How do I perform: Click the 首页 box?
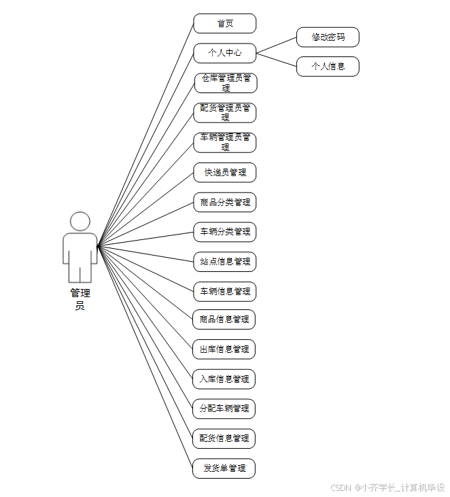pyautogui.click(x=224, y=23)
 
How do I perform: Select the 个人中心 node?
pyautogui.click(x=224, y=53)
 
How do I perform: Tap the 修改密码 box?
pyautogui.click(x=328, y=37)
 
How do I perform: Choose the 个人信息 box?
pyautogui.click(x=328, y=67)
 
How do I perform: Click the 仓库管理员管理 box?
pyautogui.click(x=225, y=83)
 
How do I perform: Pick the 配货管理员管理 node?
pyautogui.click(x=225, y=113)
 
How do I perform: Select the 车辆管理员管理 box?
pyautogui.click(x=225, y=142)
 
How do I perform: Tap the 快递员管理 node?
pyautogui.click(x=224, y=173)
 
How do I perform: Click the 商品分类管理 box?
pyautogui.click(x=224, y=203)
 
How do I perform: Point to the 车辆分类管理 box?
pyautogui.click(x=224, y=232)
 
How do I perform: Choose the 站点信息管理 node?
pyautogui.click(x=224, y=262)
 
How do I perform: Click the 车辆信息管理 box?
pyautogui.click(x=224, y=292)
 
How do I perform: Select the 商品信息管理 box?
pyautogui.click(x=224, y=319)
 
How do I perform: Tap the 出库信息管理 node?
pyautogui.click(x=224, y=349)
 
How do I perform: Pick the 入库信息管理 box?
pyautogui.click(x=224, y=379)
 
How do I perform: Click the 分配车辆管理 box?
pyautogui.click(x=224, y=409)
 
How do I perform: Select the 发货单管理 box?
pyautogui.click(x=224, y=468)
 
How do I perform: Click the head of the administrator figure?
pyautogui.click(x=80, y=222)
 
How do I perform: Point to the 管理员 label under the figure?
pyautogui.click(x=80, y=299)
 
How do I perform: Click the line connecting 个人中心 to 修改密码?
pyautogui.click(x=276, y=45)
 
